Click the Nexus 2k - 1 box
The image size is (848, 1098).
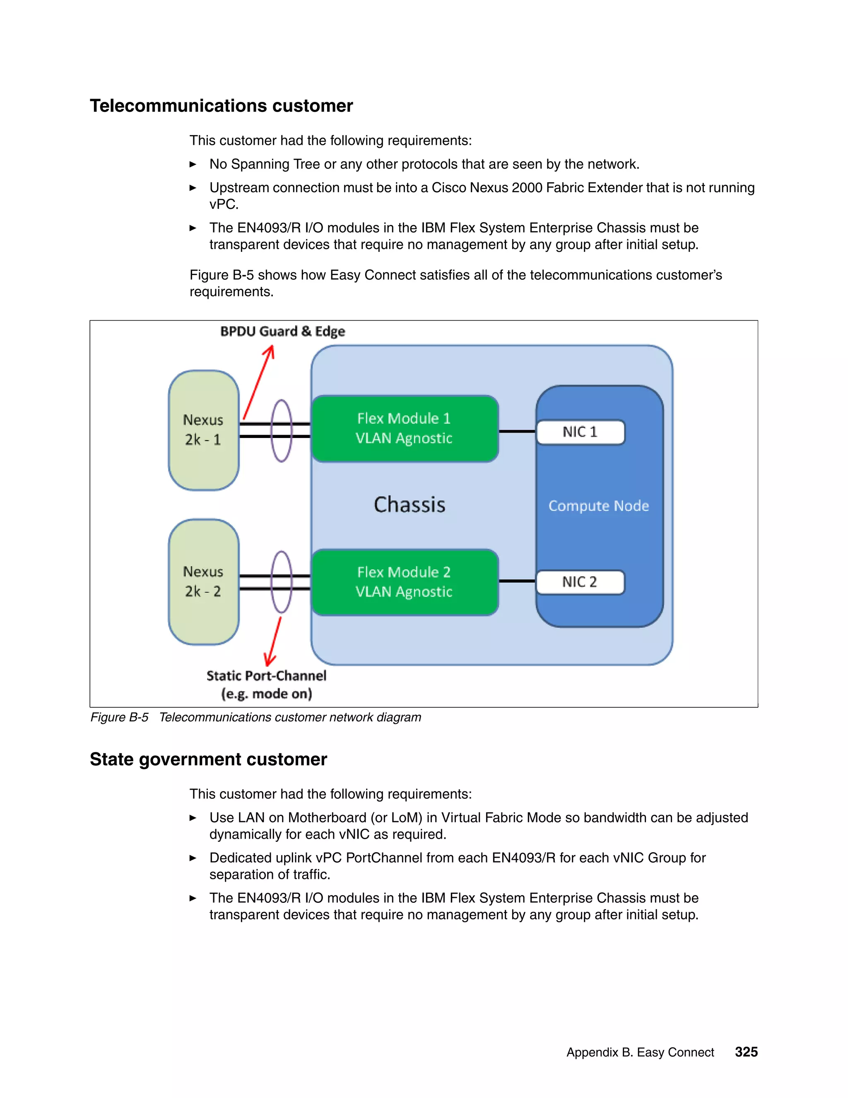tap(203, 430)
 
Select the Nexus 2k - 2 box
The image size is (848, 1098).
tap(203, 582)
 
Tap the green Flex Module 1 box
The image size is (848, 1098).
tap(405, 428)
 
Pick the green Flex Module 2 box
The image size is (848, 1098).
tap(405, 582)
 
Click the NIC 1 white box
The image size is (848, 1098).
tap(580, 432)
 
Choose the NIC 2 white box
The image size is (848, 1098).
tap(580, 582)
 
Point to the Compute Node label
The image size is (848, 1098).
tap(598, 506)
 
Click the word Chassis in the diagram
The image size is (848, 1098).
tap(410, 505)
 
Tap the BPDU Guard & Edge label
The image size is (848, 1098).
tap(282, 331)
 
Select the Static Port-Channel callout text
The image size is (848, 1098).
tap(266, 684)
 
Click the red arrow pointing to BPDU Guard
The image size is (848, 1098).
tap(259, 382)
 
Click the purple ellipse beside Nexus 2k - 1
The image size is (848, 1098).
tap(281, 431)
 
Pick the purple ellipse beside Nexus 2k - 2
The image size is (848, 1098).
tap(281, 582)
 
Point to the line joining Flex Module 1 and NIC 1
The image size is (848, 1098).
tap(517, 431)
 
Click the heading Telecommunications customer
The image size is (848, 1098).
tap(221, 106)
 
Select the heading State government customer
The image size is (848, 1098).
tap(208, 759)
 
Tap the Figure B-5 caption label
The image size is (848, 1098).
tap(119, 717)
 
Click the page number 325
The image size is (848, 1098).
tap(746, 1052)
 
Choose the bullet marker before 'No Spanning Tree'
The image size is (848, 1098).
tap(193, 164)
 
